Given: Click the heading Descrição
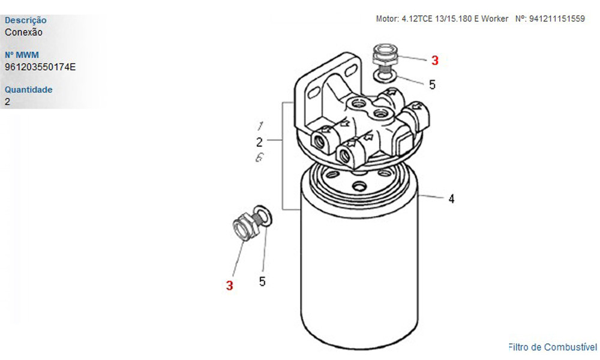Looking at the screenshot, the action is [26, 20].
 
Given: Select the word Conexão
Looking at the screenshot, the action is [23, 32].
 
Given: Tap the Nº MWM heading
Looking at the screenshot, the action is [22, 55].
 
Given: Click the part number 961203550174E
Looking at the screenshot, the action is [40, 67].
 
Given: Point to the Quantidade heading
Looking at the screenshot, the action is [29, 89].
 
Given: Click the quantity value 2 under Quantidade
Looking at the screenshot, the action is [7, 102].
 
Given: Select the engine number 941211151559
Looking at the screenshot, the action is [557, 19].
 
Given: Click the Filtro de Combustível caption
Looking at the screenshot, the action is [553, 347].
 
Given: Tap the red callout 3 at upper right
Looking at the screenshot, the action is [434, 61].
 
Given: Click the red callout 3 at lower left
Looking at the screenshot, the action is [229, 286].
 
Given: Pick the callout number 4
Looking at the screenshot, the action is [452, 199].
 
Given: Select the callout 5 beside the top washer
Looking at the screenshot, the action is [433, 85].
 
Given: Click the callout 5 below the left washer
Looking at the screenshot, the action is [262, 281].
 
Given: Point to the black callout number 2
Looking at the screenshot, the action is [259, 142].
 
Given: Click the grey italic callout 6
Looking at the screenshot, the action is [259, 157].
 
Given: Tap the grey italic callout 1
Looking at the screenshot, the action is [260, 125].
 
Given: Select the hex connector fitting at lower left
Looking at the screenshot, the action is [245, 227].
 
